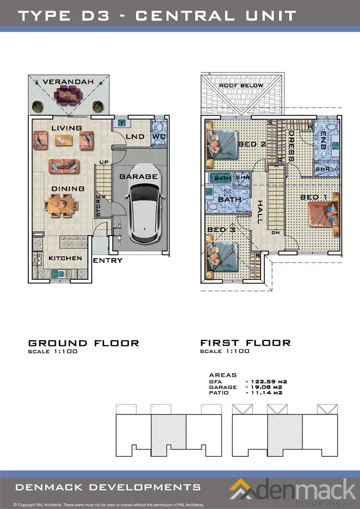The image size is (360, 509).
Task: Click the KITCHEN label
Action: point(65,258)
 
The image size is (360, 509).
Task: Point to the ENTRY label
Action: point(108,260)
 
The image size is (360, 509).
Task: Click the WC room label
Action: point(158,137)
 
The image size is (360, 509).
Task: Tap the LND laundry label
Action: point(135,137)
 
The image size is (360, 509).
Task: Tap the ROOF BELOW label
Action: point(241,85)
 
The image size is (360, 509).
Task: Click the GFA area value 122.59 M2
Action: point(264,381)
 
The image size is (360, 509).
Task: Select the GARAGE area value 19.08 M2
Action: point(264,387)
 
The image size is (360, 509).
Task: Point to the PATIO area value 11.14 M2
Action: point(264,392)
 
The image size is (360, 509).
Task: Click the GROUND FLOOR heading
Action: point(84,343)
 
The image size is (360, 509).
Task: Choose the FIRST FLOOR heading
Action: point(245,343)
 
